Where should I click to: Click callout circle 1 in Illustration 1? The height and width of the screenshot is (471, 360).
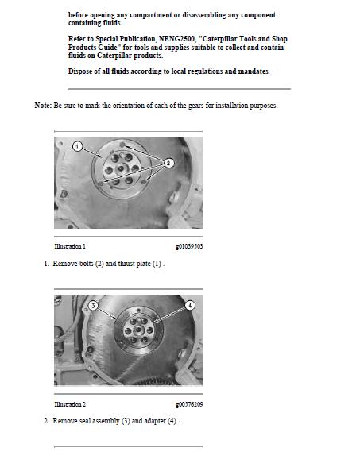coord(77,147)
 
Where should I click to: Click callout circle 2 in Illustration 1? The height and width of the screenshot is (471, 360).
coord(168,163)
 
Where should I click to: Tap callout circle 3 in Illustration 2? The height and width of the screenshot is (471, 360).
coord(93,305)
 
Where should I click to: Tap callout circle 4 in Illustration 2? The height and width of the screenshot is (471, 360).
coord(190,305)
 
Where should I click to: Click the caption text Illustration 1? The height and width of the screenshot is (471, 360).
coord(70,246)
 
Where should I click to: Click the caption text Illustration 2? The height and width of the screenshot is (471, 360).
coord(70,404)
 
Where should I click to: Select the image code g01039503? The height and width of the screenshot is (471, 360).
coord(188,246)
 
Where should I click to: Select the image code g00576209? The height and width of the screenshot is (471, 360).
coord(188,404)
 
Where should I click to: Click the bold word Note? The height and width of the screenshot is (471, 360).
coord(43,106)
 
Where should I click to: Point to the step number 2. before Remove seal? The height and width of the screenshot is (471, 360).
coord(46,420)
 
